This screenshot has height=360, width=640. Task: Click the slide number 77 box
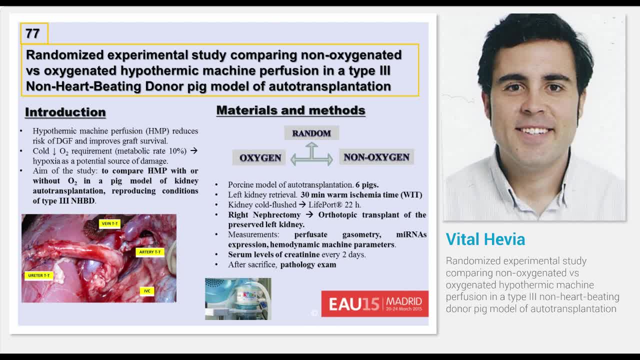pos(34,33)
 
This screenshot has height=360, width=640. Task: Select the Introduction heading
pos(65,112)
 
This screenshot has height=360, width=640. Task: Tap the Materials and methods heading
pos(290,110)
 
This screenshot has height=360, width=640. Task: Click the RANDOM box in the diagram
pos(311,133)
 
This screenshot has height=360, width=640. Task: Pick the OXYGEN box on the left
pos(260,157)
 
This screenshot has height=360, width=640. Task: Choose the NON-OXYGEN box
pos(376,157)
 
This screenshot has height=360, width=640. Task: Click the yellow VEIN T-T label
pos(109,223)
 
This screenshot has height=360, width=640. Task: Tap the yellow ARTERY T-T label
pos(150,252)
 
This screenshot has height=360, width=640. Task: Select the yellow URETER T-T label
pos(39,275)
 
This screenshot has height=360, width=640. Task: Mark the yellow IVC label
pos(147,291)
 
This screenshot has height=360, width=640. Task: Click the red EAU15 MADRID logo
pos(374,303)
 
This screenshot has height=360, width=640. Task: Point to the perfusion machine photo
pos(238,298)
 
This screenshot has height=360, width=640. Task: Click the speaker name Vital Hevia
pos(485,239)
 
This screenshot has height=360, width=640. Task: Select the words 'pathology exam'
pos(308,264)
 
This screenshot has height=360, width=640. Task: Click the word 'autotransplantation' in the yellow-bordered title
pos(329,86)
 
